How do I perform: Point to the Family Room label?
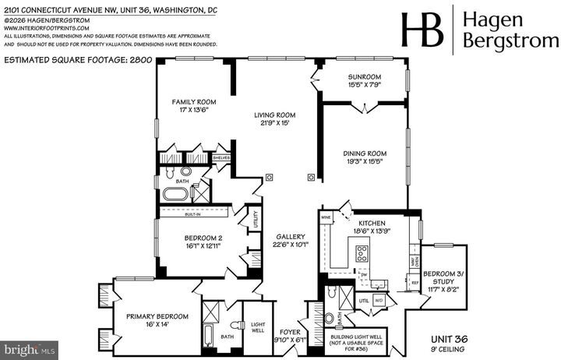194,101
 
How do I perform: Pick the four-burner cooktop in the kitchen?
362,252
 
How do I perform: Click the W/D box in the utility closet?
379,298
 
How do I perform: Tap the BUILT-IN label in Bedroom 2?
193,210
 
